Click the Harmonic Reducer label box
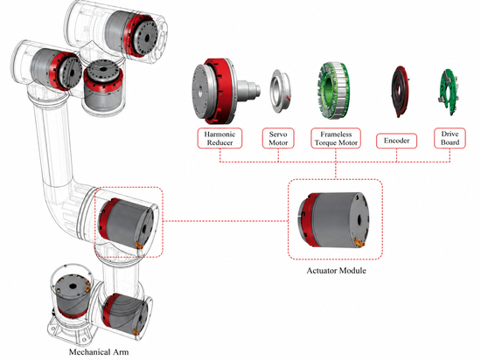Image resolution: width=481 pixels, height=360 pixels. (x=220, y=138)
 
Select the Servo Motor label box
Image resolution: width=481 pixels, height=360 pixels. (x=278, y=138)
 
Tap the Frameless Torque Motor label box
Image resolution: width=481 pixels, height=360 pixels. (x=336, y=138)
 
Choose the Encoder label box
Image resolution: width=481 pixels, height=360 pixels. (x=397, y=141)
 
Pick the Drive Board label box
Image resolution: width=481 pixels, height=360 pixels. (x=450, y=138)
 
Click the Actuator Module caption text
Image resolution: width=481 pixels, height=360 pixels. (x=336, y=271)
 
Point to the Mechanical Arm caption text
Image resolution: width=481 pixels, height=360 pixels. (x=99, y=352)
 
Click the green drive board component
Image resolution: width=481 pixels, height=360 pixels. (x=448, y=93)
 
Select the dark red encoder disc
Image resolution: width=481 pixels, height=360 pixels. (x=400, y=91)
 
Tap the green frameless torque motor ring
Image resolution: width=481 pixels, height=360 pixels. (x=333, y=91)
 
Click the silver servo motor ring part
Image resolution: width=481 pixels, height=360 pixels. (x=280, y=91)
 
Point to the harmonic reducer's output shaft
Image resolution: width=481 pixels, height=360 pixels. (x=248, y=90)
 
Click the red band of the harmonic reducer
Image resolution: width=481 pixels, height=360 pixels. (x=221, y=91)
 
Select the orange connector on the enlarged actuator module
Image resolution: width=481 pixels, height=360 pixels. (x=359, y=243)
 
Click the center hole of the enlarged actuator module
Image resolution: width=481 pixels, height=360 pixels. (x=359, y=220)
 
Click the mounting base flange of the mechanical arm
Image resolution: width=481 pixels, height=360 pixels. (x=71, y=332)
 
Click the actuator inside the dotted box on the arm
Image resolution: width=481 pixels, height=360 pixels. (x=127, y=223)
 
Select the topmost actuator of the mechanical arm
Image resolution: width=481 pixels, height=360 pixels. (x=132, y=33)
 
